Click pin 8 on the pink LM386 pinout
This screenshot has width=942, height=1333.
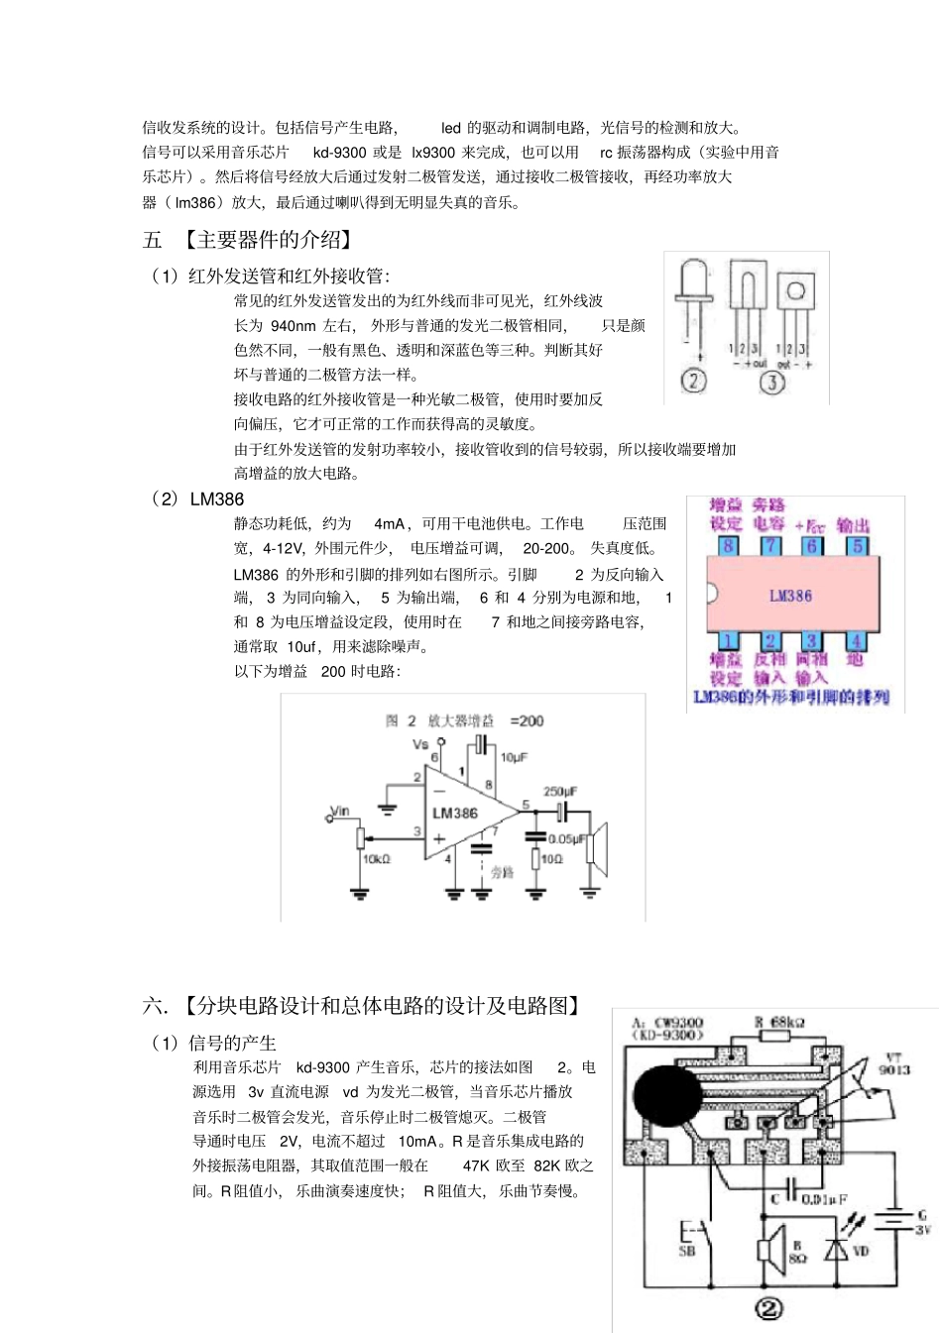[x=729, y=545]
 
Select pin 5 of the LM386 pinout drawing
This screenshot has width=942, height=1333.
[x=858, y=545]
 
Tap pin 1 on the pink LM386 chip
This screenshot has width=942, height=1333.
[x=729, y=641]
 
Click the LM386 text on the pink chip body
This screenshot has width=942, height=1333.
[x=790, y=596]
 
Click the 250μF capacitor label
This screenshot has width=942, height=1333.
[x=560, y=791]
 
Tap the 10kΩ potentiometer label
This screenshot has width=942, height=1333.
[x=377, y=859]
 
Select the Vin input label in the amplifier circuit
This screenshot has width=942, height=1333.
[x=340, y=811]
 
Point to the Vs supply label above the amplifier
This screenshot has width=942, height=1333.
[x=420, y=743]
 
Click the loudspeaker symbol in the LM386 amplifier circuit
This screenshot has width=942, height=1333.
[x=595, y=848]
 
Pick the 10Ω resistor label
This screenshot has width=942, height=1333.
[x=551, y=858]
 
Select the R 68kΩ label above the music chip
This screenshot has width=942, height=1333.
[x=779, y=1022]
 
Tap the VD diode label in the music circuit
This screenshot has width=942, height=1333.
[x=861, y=1251]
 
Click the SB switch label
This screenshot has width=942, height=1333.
[x=686, y=1251]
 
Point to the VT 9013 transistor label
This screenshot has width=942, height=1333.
[x=893, y=1063]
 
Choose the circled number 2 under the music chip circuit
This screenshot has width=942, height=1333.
[x=768, y=1309]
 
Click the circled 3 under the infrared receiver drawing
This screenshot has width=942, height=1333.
[x=771, y=382]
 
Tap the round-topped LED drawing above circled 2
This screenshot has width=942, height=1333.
[x=694, y=282]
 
